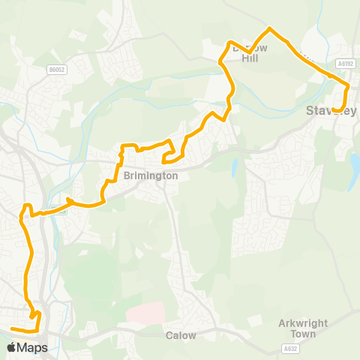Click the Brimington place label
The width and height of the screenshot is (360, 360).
(x=151, y=175)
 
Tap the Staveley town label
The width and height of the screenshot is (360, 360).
(x=331, y=111)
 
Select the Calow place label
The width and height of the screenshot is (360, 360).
(x=181, y=335)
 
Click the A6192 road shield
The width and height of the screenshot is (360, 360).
(x=346, y=64)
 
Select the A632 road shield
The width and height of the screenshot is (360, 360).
(x=290, y=349)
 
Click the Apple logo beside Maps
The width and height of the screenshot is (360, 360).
(x=12, y=347)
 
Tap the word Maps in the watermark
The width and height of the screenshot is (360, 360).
(x=32, y=348)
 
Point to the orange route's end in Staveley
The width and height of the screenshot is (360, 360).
(x=334, y=109)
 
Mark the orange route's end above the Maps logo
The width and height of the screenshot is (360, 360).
(x=12, y=328)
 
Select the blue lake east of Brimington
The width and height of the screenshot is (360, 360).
(x=234, y=166)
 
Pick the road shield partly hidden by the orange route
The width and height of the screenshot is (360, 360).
(x=60, y=210)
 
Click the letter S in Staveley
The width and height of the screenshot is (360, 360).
(x=310, y=111)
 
